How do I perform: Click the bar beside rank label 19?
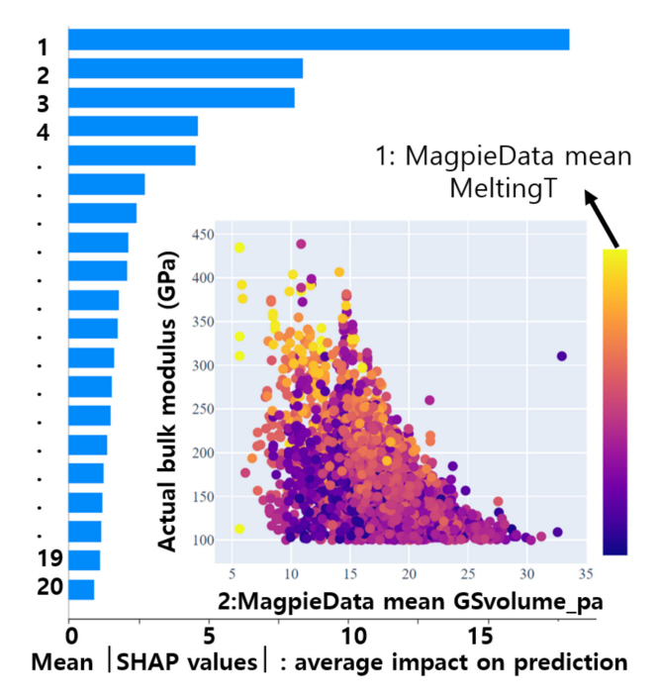84,560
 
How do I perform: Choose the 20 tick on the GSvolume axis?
408,573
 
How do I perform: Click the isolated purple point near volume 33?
562,355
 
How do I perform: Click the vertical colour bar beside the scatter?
614,401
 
